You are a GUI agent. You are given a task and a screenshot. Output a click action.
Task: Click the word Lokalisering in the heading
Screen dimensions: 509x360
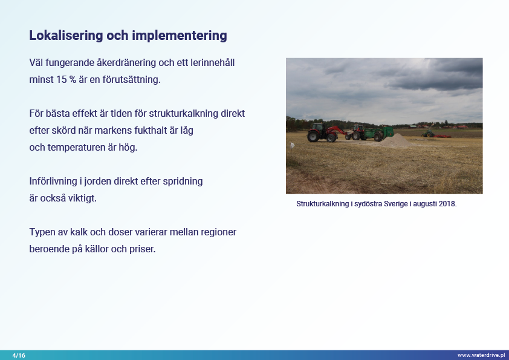click(x=66, y=36)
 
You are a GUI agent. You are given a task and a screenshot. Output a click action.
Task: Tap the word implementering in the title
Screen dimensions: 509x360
click(x=179, y=36)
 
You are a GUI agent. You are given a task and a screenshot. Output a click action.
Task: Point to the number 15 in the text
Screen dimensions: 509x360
click(x=61, y=79)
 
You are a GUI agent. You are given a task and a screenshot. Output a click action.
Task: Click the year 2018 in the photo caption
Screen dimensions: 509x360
click(x=448, y=204)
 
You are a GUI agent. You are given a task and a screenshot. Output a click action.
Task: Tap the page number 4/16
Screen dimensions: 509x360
click(x=19, y=355)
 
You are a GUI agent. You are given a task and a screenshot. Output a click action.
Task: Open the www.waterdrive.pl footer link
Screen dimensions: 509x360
click(x=481, y=355)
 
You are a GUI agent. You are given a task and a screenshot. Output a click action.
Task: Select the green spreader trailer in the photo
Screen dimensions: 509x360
click(x=379, y=133)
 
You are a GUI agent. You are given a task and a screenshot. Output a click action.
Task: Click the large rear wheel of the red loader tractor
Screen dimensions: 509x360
click(x=314, y=136)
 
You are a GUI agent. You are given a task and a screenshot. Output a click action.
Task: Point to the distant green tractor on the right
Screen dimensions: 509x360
click(x=428, y=134)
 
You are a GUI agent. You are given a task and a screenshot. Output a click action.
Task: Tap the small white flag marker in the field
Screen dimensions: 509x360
click(x=292, y=146)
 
